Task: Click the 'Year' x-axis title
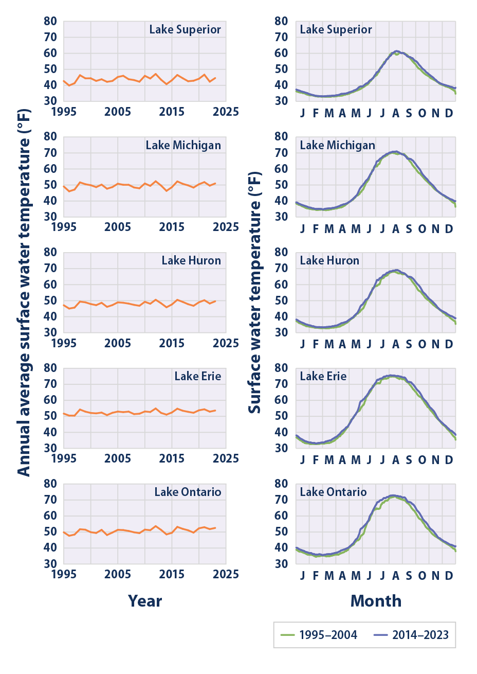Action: click(145, 601)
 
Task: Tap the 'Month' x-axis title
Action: click(376, 601)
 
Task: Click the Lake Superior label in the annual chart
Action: click(185, 29)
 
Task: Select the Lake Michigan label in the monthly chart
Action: click(337, 145)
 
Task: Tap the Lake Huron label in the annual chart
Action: click(191, 260)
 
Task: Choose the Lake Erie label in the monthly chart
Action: click(323, 376)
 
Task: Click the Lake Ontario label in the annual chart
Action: click(188, 492)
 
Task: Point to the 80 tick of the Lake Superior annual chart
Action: click(50, 21)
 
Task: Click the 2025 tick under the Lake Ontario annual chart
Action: click(226, 574)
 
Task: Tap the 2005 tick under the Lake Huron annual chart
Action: click(118, 343)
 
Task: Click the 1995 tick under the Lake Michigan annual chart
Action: click(64, 227)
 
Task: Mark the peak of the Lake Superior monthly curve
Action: click(396, 51)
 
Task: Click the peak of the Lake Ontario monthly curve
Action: click(393, 495)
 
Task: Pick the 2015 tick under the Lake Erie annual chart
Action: click(172, 458)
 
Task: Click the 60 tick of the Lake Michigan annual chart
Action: click(50, 169)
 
